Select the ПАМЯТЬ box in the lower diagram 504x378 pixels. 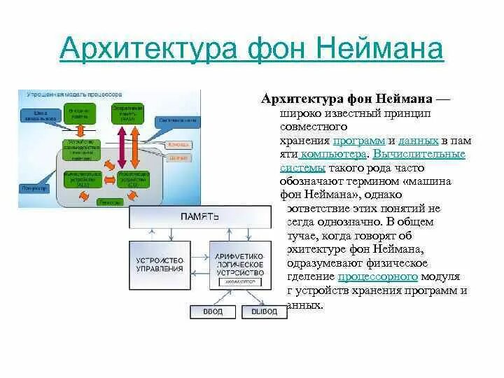click(x=199, y=218)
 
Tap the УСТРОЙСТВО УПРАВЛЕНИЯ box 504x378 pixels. click(x=161, y=264)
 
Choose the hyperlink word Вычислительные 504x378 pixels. click(x=419, y=154)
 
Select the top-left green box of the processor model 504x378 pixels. click(x=80, y=113)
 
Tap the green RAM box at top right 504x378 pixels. click(x=127, y=113)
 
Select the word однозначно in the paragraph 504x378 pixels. click(x=386, y=221)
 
